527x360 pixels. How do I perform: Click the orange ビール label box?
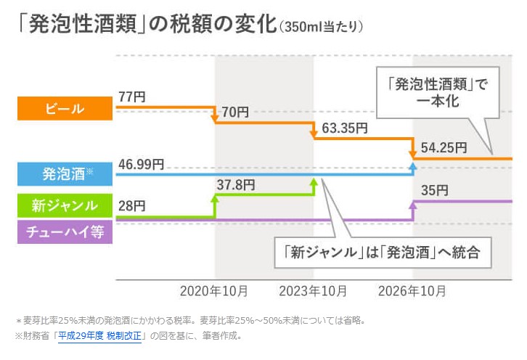click(x=65, y=110)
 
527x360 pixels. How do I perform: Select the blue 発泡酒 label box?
click(x=65, y=174)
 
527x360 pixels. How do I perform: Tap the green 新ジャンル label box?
click(x=65, y=205)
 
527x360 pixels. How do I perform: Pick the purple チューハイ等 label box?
click(x=65, y=233)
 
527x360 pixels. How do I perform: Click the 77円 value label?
click(x=132, y=95)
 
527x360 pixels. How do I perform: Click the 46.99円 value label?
click(x=141, y=165)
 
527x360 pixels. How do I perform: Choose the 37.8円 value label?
click(x=235, y=185)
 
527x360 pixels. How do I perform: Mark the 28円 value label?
click(x=132, y=206)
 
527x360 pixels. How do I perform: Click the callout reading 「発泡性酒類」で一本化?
click(x=440, y=92)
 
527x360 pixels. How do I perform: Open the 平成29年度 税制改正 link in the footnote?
click(x=102, y=336)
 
